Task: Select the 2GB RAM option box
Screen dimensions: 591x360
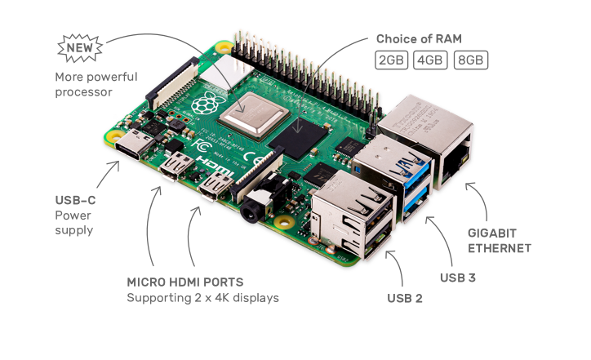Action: tap(391, 60)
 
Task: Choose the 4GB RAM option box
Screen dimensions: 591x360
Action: tap(429, 60)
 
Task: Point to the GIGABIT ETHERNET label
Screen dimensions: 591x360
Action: tap(499, 240)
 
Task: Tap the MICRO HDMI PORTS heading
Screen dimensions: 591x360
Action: tap(184, 282)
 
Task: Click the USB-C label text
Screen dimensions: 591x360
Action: tap(74, 200)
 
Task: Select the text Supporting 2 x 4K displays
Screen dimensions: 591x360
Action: tap(202, 298)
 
